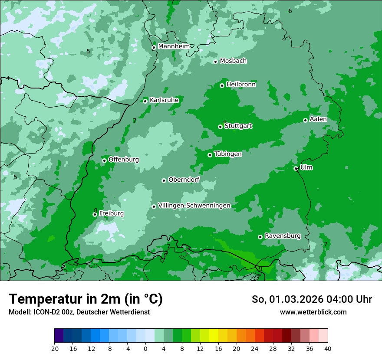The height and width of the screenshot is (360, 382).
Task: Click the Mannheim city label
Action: [174, 46]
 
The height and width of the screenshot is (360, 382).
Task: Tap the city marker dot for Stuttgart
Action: [220, 127]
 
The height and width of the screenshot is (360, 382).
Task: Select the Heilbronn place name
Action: [241, 85]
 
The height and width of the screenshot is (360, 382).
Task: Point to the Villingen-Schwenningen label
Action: [194, 206]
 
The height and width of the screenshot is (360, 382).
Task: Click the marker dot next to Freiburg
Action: [95, 214]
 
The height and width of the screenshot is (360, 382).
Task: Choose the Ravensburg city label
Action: [282, 236]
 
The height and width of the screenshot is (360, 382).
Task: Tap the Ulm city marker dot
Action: [296, 168]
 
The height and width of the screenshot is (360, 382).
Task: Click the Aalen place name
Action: [318, 119]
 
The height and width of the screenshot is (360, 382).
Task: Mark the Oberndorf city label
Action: [184, 180]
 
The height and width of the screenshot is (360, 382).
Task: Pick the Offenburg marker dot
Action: [104, 160]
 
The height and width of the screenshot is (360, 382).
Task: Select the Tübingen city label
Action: [228, 154]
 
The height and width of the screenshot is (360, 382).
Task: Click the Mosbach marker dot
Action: [215, 62]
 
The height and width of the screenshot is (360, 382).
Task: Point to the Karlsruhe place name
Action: [164, 100]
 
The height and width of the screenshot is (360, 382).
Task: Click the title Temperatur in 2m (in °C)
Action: [86, 299]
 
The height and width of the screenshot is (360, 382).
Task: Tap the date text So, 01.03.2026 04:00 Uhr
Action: [312, 299]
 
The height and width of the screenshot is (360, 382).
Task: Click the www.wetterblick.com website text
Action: [313, 312]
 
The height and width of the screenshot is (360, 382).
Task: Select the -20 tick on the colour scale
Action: [54, 348]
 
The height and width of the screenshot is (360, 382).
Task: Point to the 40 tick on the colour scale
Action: [327, 348]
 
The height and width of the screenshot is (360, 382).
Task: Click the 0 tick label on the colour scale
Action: [145, 348]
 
